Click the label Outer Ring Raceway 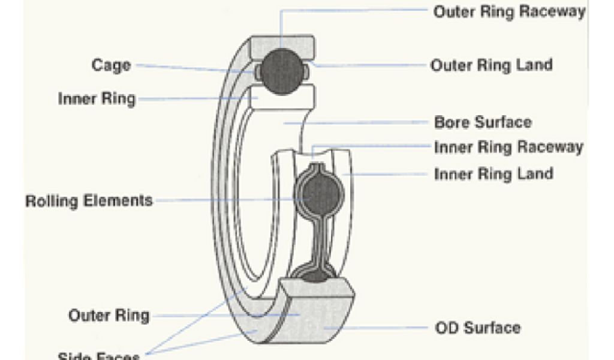point(509,12)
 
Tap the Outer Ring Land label point(492,65)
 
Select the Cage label point(111,64)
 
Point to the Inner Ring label point(97,98)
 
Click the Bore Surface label point(483,122)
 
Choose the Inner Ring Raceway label point(508,147)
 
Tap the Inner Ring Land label point(493,174)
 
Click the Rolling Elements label point(89,200)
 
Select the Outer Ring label point(109,315)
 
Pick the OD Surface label point(477,328)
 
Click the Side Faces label point(99,355)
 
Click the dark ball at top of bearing point(282,71)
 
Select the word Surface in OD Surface point(493,328)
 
